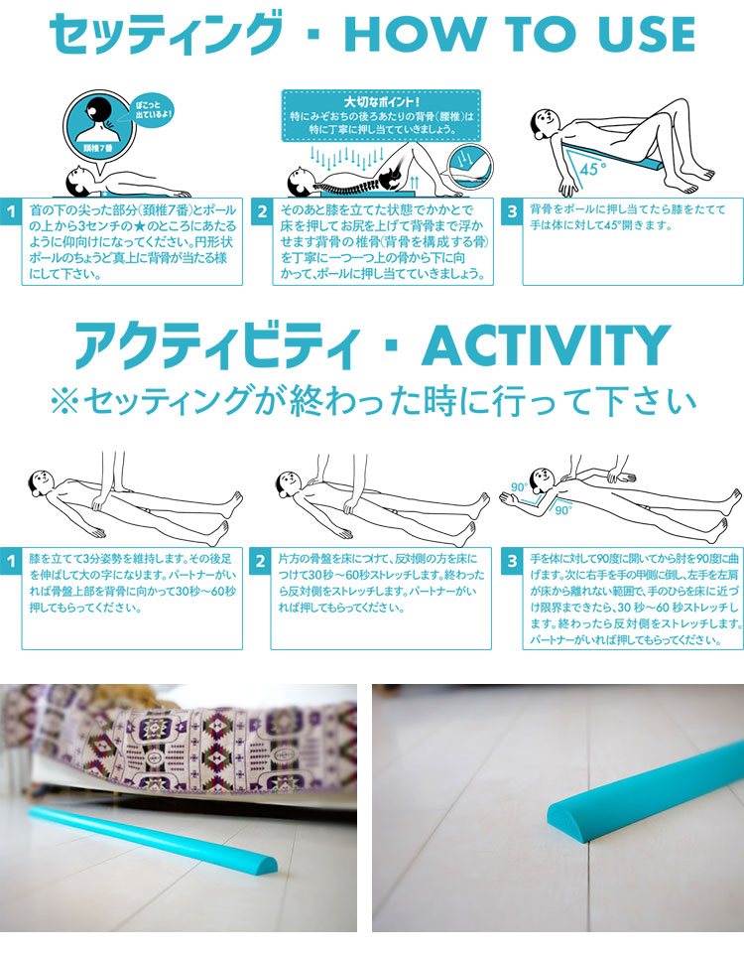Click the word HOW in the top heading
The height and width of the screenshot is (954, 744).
(x=417, y=34)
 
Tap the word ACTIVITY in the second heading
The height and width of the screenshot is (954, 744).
(x=547, y=345)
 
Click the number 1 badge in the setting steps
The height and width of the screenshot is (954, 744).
(x=11, y=211)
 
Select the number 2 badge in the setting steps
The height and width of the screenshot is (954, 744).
(x=261, y=211)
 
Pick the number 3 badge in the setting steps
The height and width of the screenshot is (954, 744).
(x=512, y=211)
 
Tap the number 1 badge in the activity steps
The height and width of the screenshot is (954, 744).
(x=11, y=561)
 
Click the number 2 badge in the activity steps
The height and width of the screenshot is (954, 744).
(x=260, y=561)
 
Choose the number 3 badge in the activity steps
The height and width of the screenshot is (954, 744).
(x=512, y=561)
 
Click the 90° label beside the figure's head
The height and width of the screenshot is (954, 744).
(x=519, y=486)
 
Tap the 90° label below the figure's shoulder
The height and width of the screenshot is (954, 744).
(x=562, y=510)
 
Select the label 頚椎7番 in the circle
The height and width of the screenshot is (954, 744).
(x=97, y=147)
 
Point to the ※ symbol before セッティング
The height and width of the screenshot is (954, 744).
(x=64, y=402)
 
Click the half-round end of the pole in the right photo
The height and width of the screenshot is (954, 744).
(x=564, y=818)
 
